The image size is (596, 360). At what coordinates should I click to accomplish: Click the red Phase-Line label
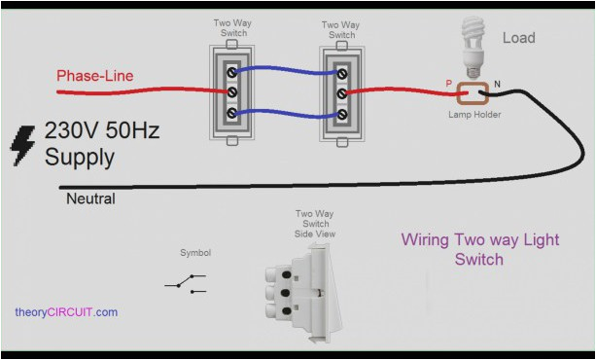point(94,75)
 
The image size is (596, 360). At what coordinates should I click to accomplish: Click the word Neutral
point(89,198)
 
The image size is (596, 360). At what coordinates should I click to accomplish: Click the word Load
point(518,38)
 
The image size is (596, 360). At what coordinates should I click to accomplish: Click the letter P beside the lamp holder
point(449,85)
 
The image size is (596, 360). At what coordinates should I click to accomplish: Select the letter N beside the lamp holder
point(497,85)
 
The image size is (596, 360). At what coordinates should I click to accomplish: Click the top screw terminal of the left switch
point(231,71)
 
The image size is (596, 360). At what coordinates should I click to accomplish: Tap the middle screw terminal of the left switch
point(231,92)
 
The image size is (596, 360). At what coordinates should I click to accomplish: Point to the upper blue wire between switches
point(287,69)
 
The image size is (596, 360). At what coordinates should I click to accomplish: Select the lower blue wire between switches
point(287,115)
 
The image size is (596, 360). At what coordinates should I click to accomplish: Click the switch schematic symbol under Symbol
point(185,283)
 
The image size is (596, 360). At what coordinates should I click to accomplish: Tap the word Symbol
point(195,253)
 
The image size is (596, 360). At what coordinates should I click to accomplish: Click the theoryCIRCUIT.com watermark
point(66,312)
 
